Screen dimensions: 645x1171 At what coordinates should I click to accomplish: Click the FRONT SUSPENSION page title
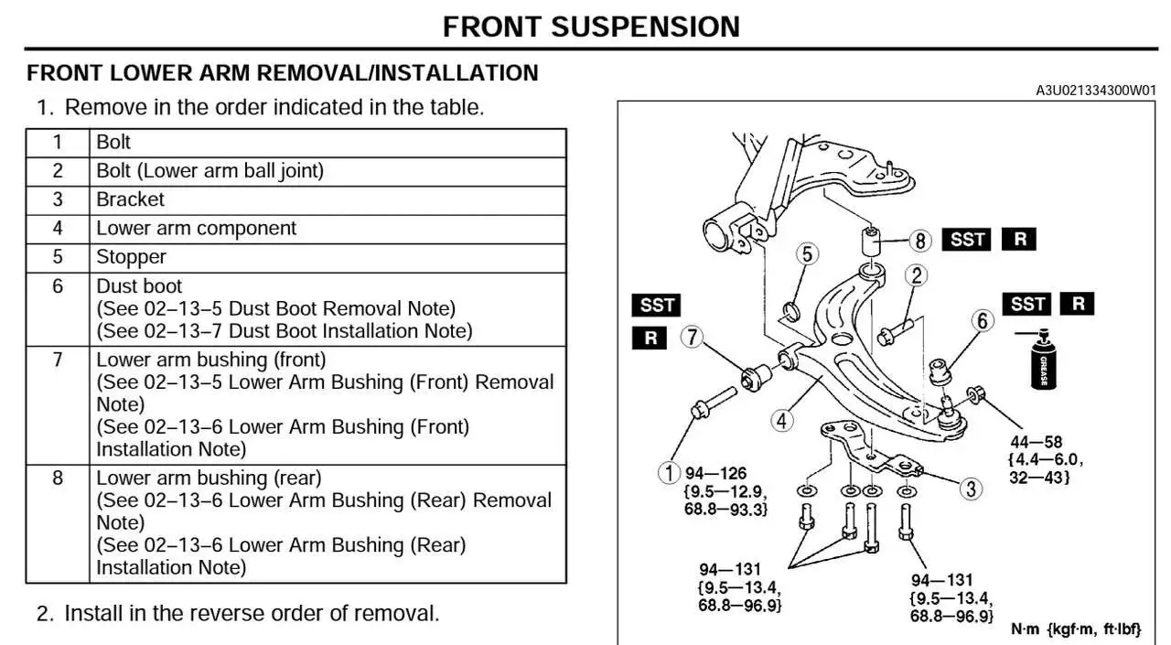[x=591, y=27]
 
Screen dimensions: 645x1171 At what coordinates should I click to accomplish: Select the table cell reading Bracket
[x=131, y=199]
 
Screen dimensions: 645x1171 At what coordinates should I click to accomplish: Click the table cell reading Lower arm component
[x=197, y=229]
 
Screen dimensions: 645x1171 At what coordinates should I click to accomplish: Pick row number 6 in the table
[x=58, y=286]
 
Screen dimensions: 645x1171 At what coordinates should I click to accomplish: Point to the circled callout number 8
[x=920, y=241]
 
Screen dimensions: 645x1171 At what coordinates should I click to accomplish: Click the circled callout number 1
[x=670, y=473]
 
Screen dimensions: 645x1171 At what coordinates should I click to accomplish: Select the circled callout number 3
[x=971, y=489]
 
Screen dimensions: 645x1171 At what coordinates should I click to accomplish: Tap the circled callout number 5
[x=806, y=254]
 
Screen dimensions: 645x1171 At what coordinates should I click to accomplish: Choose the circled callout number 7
[x=693, y=338]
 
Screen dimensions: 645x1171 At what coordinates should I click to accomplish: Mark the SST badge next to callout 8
[x=967, y=240]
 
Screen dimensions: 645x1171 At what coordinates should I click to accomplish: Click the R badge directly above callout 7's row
[x=650, y=338]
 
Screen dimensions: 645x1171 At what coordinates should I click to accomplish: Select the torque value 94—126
[x=715, y=474]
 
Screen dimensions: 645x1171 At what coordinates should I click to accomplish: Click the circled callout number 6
[x=982, y=321]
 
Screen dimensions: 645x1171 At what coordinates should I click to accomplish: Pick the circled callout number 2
[x=916, y=275]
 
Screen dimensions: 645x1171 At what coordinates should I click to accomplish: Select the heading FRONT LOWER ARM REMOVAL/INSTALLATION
[x=283, y=73]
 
